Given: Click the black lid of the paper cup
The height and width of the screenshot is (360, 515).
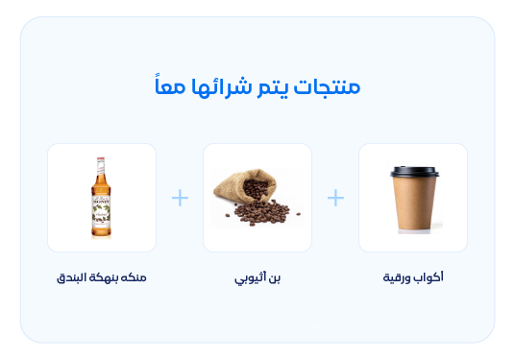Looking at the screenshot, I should (414, 172).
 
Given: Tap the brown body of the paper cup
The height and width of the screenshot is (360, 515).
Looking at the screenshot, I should (414, 204).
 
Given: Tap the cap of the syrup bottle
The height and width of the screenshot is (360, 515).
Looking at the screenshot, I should (102, 162).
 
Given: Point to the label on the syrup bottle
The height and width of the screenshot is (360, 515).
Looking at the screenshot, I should (102, 210).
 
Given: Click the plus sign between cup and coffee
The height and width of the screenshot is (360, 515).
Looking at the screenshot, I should (335, 198).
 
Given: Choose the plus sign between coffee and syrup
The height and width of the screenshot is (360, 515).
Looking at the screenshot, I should (180, 198).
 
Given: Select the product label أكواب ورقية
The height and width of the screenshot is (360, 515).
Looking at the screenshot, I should (413, 277).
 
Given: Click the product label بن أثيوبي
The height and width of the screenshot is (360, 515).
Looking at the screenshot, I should (257, 277).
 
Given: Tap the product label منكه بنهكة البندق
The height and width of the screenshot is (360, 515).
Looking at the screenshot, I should (102, 277).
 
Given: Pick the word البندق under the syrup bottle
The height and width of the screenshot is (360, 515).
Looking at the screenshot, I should (73, 277).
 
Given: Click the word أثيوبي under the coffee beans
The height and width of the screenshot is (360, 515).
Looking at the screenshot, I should (249, 278).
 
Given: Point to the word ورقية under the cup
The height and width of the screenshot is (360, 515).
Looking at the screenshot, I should (399, 277).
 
